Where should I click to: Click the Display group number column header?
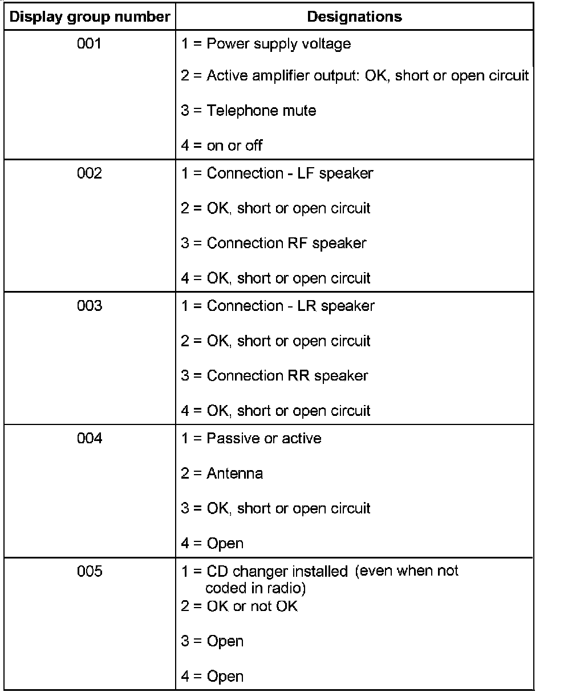point(90,17)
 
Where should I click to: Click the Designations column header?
point(354,17)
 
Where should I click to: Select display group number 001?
point(90,43)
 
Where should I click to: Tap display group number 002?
point(90,173)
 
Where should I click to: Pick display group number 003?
point(90,306)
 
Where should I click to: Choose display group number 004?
point(90,438)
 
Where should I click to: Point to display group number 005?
point(90,571)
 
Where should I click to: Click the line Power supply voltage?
point(266,44)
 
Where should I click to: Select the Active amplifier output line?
point(355,75)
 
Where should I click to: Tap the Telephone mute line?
point(249,110)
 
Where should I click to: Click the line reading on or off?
point(222,145)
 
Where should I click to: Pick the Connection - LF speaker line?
point(277,173)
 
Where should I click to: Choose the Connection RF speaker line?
point(274,243)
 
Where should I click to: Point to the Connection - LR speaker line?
point(278,306)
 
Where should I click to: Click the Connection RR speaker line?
point(274,375)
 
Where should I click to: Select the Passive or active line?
point(251,438)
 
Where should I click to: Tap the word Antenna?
point(234,474)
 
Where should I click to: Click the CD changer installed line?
point(319,571)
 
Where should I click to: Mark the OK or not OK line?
point(240,606)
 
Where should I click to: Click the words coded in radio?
point(255,588)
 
